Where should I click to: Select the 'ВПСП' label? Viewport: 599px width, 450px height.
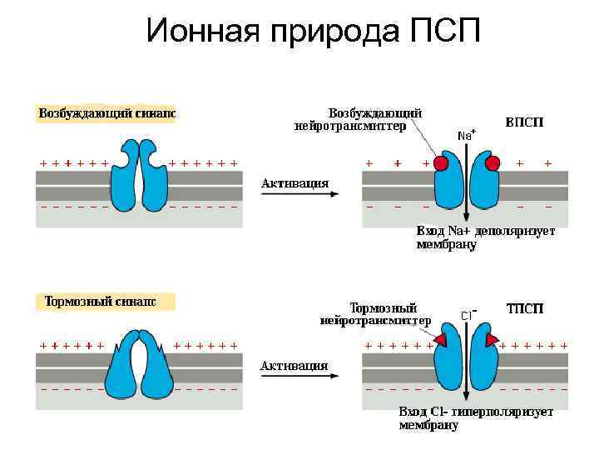coord(524,122)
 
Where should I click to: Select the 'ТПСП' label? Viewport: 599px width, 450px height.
coord(525,308)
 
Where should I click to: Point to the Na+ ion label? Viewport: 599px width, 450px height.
coord(467,134)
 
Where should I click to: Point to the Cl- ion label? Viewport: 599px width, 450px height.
coord(468,315)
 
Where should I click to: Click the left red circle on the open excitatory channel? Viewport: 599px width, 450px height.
coord(440,163)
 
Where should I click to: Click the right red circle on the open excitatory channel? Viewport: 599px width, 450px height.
coord(492,163)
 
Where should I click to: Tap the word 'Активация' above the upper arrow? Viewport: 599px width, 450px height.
coord(295,182)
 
